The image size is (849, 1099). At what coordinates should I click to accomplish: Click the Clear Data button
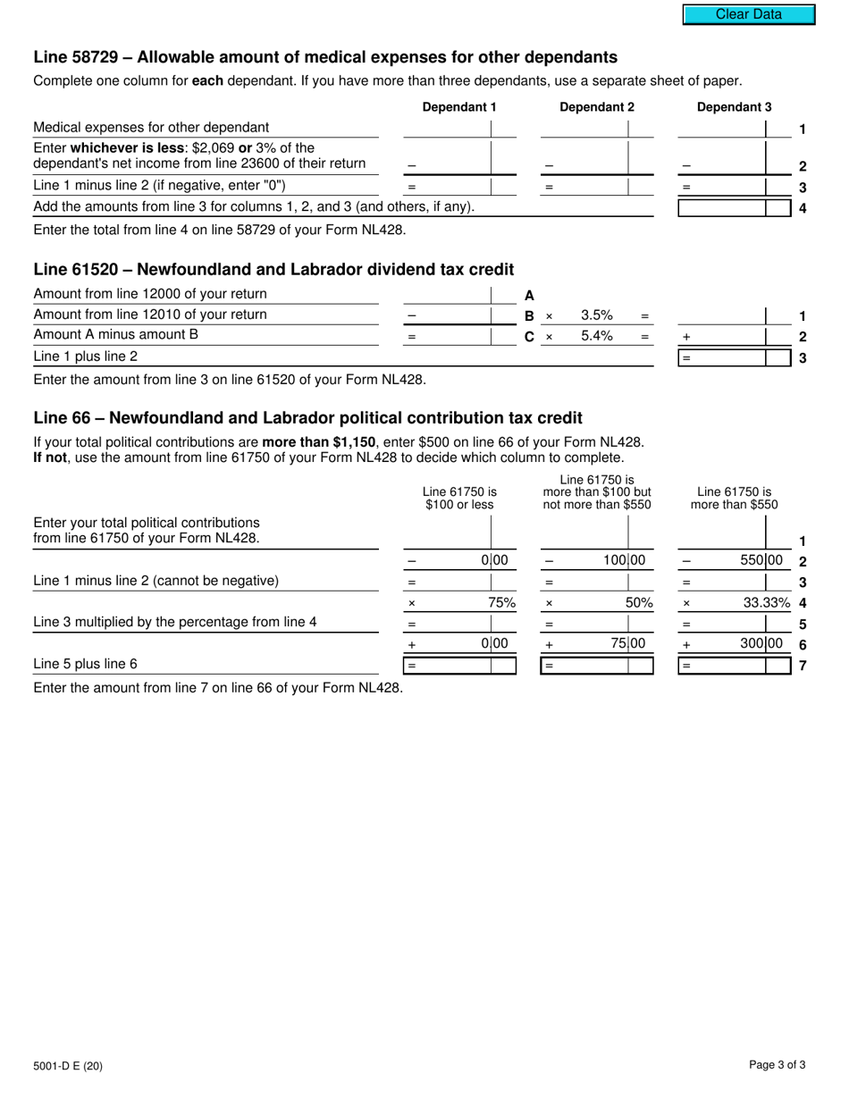click(749, 14)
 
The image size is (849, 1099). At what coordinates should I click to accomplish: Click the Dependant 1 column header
click(459, 107)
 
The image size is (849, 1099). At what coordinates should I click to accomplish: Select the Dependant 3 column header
click(734, 107)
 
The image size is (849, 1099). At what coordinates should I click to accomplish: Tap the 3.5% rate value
click(596, 315)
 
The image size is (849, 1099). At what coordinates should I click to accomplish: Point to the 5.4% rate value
click(596, 337)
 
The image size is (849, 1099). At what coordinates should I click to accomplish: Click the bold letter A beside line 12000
click(529, 295)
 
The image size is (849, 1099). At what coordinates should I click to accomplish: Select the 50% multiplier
click(638, 603)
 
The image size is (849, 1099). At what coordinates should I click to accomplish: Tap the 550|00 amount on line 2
click(761, 561)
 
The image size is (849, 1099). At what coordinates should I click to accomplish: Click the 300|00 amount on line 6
click(761, 643)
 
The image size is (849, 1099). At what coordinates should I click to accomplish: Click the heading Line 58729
click(325, 57)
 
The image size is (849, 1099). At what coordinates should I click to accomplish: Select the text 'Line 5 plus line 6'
click(86, 664)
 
